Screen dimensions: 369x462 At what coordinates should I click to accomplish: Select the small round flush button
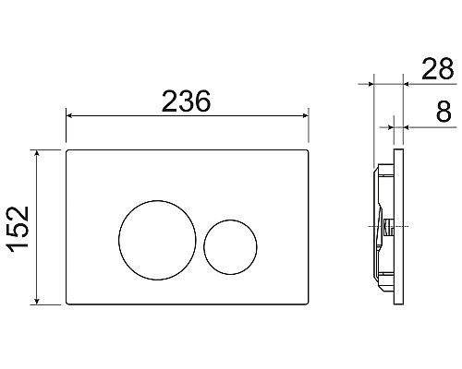click(x=225, y=245)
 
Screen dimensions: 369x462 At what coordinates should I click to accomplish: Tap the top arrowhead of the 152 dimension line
click(x=37, y=151)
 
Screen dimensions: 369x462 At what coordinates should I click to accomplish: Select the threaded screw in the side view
click(x=387, y=225)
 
